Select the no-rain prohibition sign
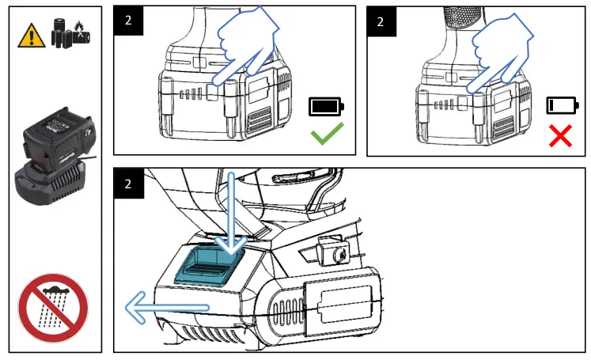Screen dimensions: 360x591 tap(53, 308)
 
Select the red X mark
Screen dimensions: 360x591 tap(560, 135)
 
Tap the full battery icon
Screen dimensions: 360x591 tap(326, 107)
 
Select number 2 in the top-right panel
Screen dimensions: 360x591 tap(381, 21)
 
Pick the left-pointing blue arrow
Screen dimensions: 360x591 tap(163, 307)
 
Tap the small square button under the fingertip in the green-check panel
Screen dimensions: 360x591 tap(212, 93)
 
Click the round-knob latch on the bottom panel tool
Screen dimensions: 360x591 tap(335, 254)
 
